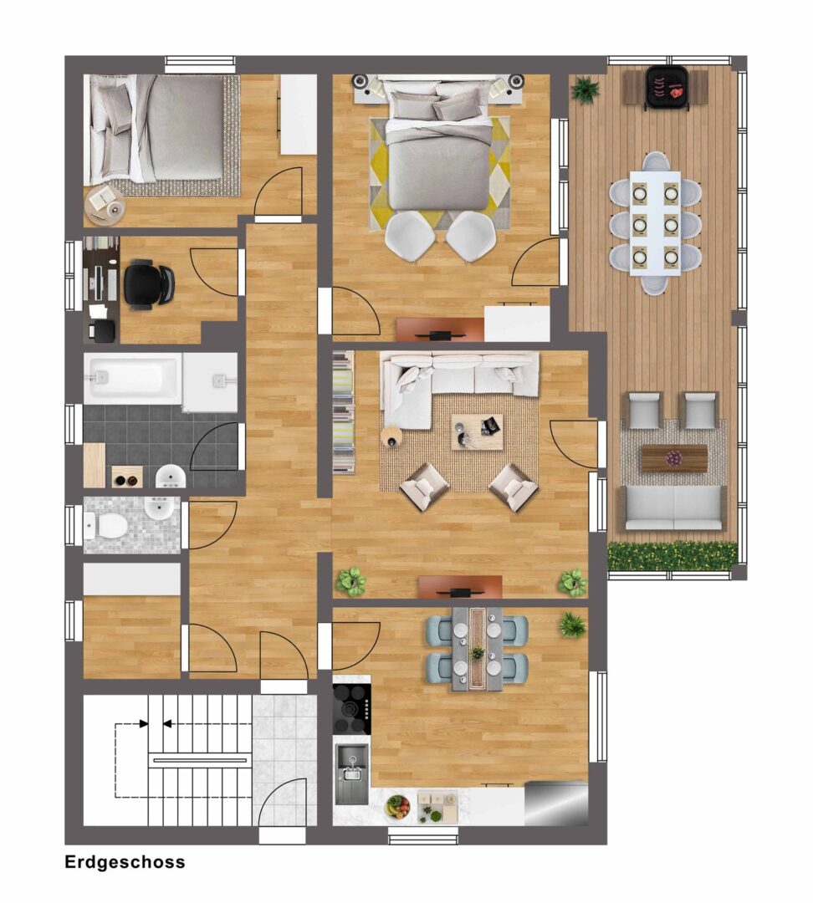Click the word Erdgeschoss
click(125, 862)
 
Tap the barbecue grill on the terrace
click(667, 88)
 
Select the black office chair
click(148, 285)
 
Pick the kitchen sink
click(351, 773)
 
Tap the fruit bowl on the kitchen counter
click(397, 806)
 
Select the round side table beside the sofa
click(391, 436)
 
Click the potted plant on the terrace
click(586, 89)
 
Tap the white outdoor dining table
click(655, 223)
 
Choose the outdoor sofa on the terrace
click(672, 508)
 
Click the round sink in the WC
click(160, 508)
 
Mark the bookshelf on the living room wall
click(344, 412)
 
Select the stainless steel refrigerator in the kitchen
click(556, 803)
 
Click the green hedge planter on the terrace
click(672, 556)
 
